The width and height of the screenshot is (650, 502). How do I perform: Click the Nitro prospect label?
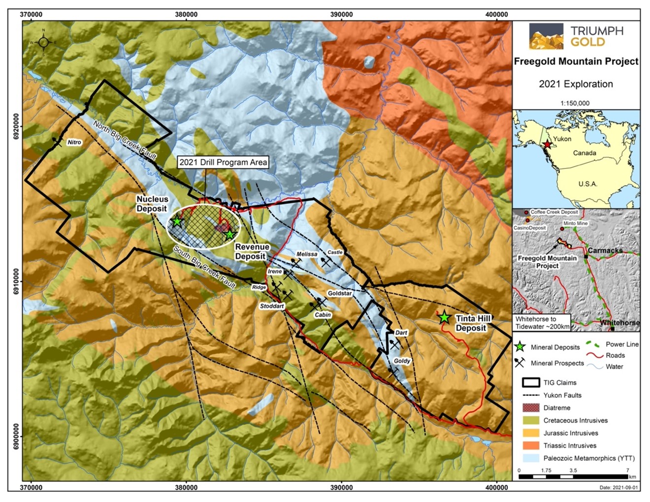pyautogui.click(x=74, y=142)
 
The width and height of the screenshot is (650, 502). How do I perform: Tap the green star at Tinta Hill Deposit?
pyautogui.click(x=445, y=317)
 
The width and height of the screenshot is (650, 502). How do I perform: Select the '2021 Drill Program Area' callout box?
pyautogui.click(x=223, y=162)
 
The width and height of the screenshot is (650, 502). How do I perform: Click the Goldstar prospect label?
pyautogui.click(x=340, y=293)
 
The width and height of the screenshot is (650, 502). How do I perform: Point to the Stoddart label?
pyautogui.click(x=272, y=306)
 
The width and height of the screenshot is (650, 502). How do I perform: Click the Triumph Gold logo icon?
pyautogui.click(x=546, y=36)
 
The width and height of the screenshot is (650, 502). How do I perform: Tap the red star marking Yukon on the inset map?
pyautogui.click(x=547, y=145)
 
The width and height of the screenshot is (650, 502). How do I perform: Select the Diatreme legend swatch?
pyautogui.click(x=531, y=408)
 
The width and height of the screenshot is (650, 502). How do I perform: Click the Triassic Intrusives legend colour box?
pyautogui.click(x=531, y=445)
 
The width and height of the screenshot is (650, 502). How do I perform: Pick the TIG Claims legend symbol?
pyautogui.click(x=531, y=382)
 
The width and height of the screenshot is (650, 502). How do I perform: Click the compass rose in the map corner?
pyautogui.click(x=43, y=42)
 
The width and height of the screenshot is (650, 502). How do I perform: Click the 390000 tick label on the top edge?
pyautogui.click(x=341, y=14)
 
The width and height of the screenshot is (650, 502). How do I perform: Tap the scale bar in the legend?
pyautogui.click(x=573, y=476)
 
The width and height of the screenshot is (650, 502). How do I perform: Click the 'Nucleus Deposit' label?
pyautogui.click(x=152, y=204)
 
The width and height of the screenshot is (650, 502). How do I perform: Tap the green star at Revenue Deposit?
pyautogui.click(x=229, y=234)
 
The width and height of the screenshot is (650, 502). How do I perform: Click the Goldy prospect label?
pyautogui.click(x=402, y=361)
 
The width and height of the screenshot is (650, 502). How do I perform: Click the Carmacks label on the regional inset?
pyautogui.click(x=605, y=251)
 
